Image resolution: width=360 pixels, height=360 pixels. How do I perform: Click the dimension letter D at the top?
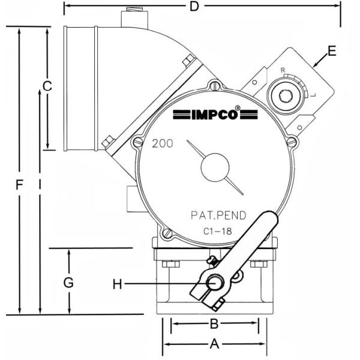pyautogui.click(x=194, y=7)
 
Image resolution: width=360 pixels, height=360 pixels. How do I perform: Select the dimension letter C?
pyautogui.click(x=47, y=86)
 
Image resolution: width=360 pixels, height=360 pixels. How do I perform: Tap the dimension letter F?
pyautogui.click(x=20, y=185)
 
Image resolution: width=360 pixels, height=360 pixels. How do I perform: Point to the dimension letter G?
pyautogui.click(x=68, y=283)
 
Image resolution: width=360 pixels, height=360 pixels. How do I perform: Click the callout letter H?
pyautogui.click(x=118, y=284)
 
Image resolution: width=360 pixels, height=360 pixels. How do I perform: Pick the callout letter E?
pyautogui.click(x=332, y=51)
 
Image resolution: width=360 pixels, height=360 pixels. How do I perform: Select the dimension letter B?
pyautogui.click(x=214, y=324)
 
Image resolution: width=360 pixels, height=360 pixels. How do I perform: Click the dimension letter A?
pyautogui.click(x=214, y=344)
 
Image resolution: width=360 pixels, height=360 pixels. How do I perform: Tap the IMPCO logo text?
pyautogui.click(x=215, y=113)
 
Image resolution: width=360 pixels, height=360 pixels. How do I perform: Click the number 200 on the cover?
pyautogui.click(x=163, y=144)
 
